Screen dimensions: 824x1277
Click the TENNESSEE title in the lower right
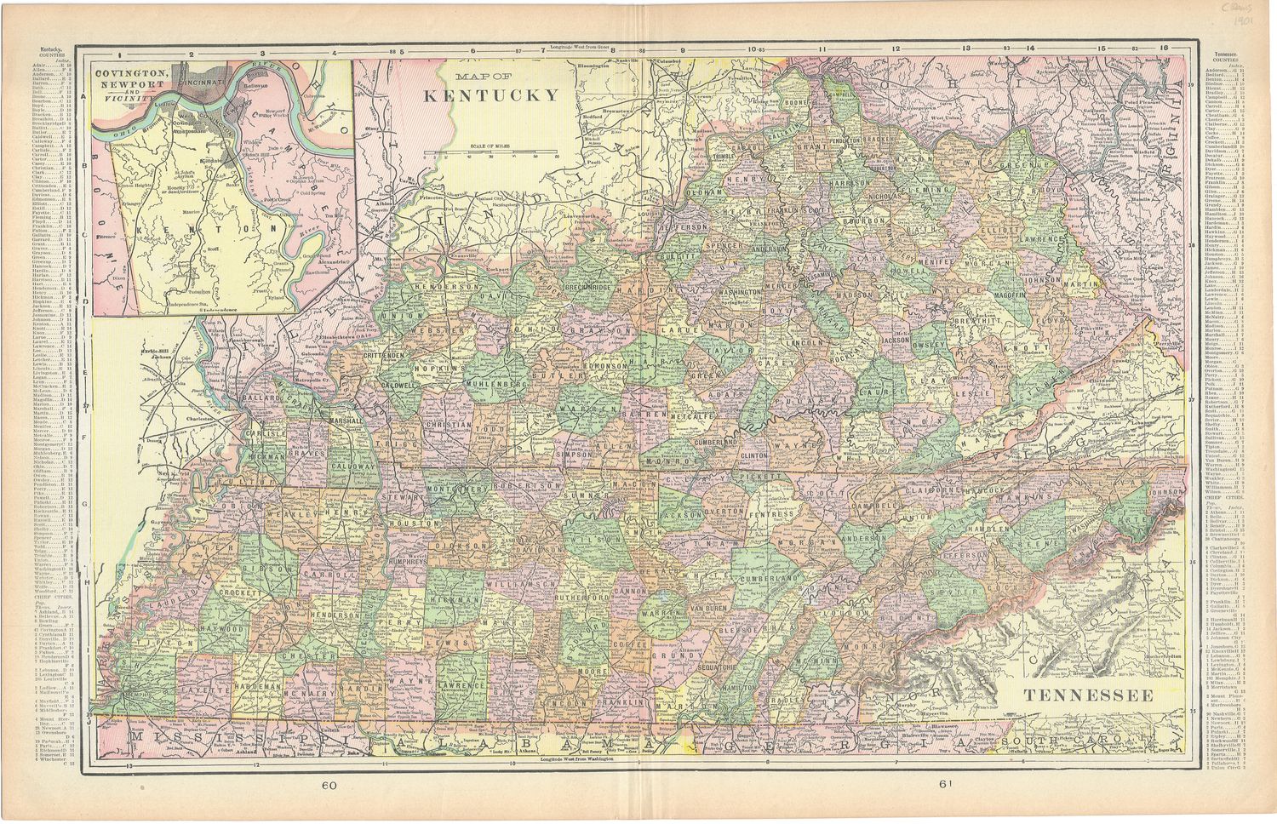coord(1088,695)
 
